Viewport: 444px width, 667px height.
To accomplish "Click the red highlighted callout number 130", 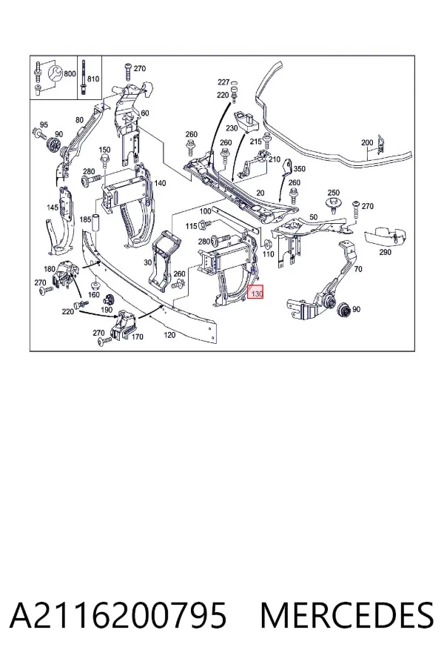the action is [256, 292].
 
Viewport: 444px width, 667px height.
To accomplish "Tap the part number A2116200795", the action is [118, 615].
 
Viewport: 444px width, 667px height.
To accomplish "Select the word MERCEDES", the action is [347, 615].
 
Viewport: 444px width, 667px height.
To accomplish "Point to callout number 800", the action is [70, 73].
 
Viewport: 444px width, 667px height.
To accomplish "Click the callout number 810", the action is [93, 79].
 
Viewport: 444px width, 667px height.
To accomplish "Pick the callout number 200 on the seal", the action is [367, 143].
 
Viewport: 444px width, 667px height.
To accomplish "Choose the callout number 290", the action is [385, 252].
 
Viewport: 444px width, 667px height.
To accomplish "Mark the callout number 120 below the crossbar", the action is [169, 335].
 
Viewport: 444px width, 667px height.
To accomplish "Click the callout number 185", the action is [85, 219].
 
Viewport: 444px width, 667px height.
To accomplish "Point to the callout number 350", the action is [299, 169].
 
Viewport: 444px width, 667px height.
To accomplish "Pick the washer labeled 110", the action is [268, 244].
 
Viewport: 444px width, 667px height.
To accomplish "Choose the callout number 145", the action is [53, 208].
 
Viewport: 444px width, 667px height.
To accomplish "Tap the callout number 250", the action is [334, 193].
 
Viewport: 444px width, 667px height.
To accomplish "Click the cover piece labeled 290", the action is [385, 237].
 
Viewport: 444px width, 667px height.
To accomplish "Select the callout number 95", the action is [44, 125].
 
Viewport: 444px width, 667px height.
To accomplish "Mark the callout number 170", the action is [137, 337].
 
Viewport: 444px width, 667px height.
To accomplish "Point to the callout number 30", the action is [147, 262].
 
